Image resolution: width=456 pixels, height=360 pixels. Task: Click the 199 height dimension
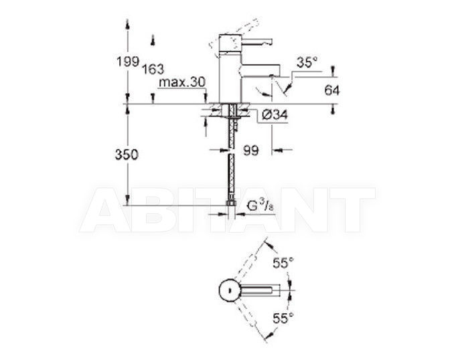(127, 62)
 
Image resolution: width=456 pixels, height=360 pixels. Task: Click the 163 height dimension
(153, 69)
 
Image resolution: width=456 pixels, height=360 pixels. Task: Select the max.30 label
(182, 82)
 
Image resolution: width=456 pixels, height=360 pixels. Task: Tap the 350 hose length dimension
(127, 155)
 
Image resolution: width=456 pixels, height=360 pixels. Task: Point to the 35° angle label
(307, 62)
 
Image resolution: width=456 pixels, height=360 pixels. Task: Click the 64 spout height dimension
(332, 90)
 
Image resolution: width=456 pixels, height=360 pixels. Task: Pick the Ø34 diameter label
(275, 115)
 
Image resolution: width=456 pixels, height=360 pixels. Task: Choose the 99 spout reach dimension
(250, 150)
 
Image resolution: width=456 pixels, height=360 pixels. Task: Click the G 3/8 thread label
(260, 206)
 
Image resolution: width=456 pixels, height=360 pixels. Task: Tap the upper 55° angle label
(283, 263)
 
